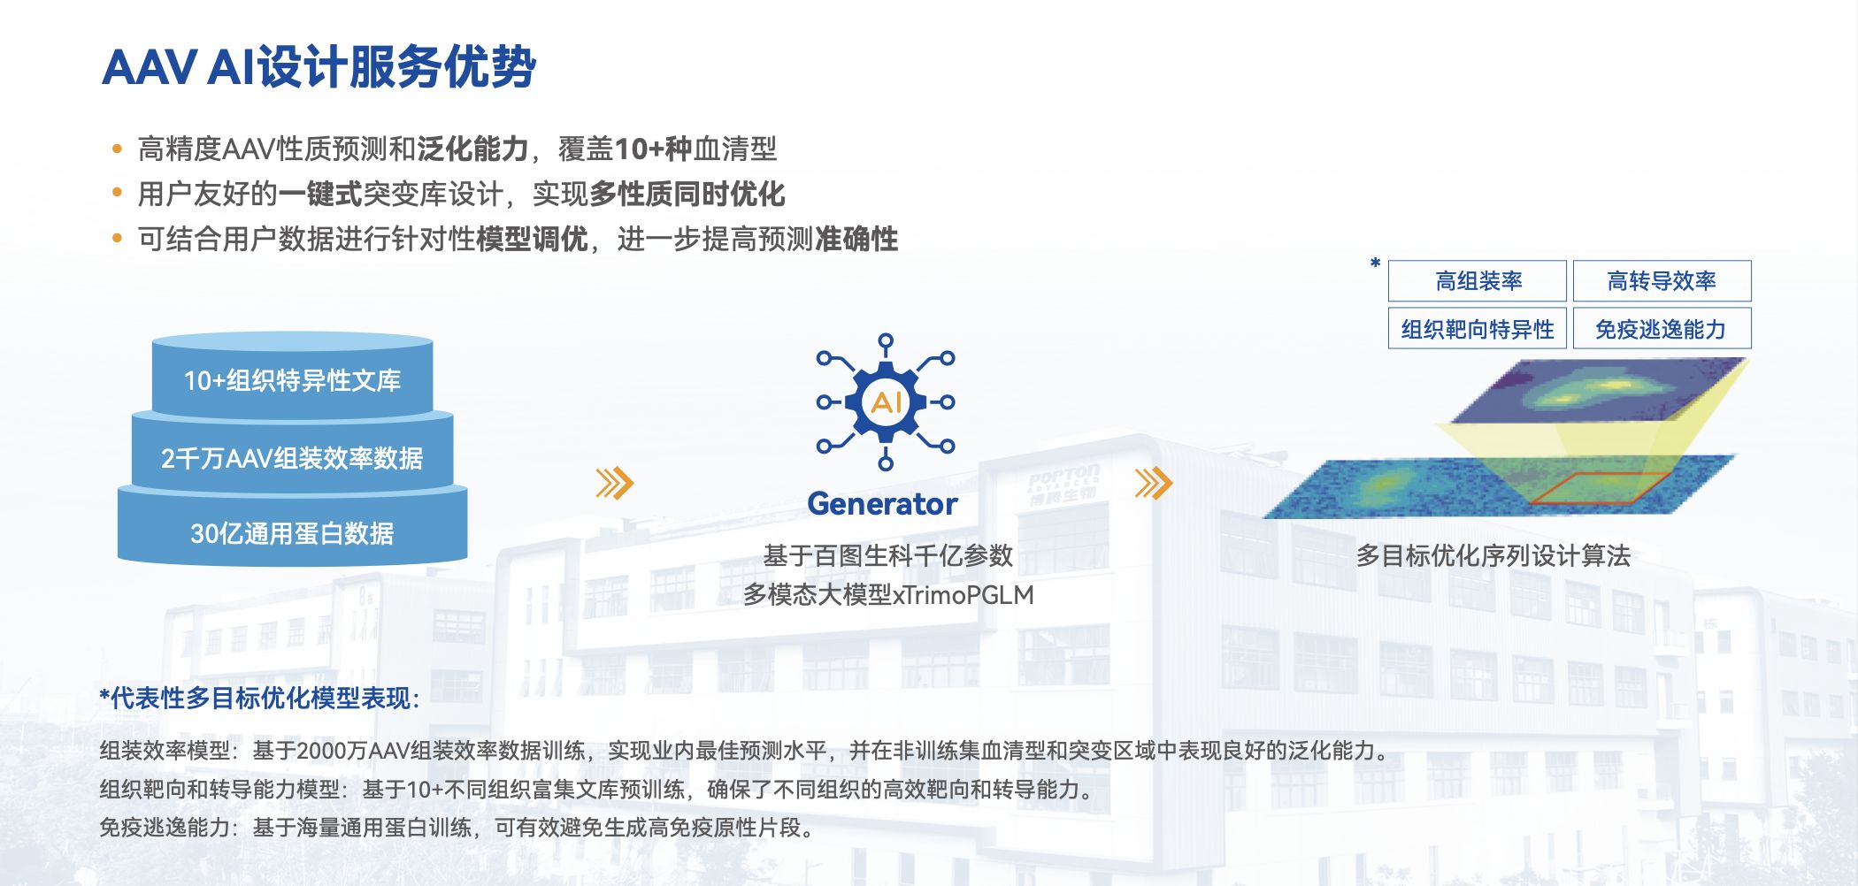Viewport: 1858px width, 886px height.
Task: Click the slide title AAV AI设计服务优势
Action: (x=319, y=67)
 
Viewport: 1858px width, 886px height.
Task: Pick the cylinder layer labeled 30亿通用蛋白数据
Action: (x=292, y=529)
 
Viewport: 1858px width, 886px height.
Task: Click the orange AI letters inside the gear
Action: (x=886, y=402)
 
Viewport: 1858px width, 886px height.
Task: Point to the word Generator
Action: (x=882, y=504)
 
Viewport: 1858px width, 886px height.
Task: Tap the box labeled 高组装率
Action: (x=1478, y=281)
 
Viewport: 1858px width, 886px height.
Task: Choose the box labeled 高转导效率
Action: (x=1662, y=281)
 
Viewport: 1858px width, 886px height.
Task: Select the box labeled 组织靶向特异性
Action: (x=1478, y=328)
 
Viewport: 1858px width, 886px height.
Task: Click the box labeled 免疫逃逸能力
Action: (x=1662, y=328)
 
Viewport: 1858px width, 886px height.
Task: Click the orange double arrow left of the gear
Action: (x=615, y=483)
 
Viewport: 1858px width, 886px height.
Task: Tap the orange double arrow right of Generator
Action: (x=1154, y=483)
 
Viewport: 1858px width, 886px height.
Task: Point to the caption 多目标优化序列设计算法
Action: (x=1493, y=555)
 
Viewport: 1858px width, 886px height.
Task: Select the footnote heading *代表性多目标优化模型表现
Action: (x=259, y=698)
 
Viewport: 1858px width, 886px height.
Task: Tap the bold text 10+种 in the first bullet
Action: (x=653, y=149)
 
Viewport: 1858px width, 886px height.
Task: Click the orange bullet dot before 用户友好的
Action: (x=117, y=193)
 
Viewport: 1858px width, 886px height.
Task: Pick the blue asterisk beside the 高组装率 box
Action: (x=1375, y=263)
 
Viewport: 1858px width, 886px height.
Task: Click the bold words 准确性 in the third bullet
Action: (x=856, y=239)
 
